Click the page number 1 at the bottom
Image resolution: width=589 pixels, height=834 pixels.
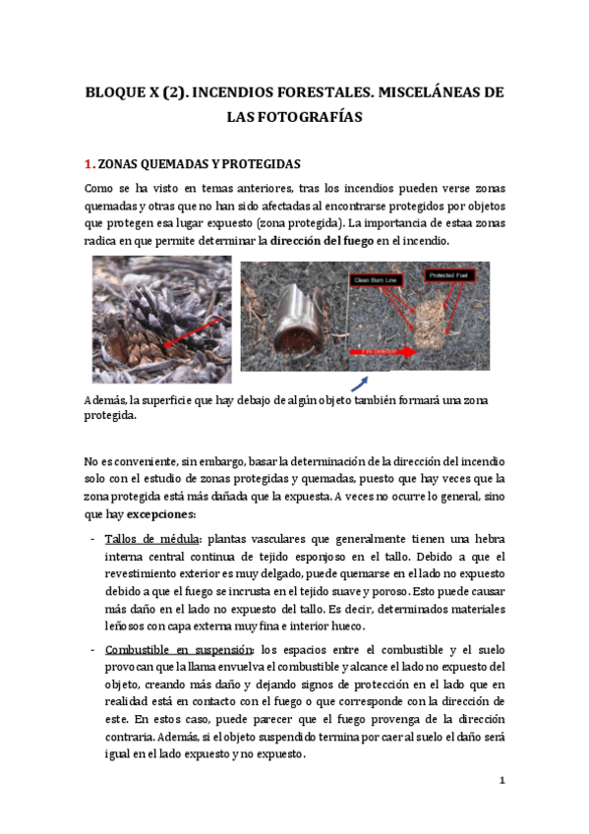pyautogui.click(x=501, y=781)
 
